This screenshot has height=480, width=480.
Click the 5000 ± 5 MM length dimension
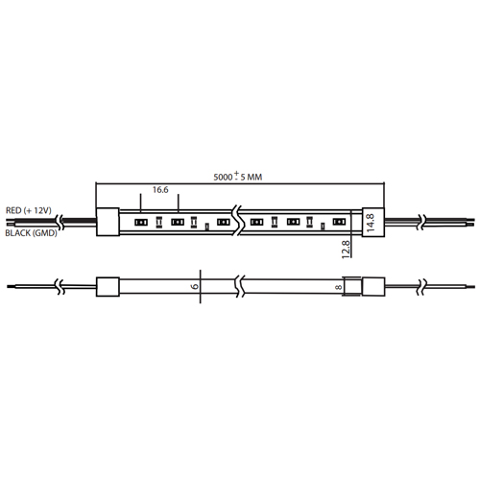pos(238,177)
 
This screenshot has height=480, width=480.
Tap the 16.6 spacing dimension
pos(160,190)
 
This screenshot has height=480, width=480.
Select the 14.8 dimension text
pos(371,223)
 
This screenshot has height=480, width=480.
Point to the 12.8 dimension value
pos(346,250)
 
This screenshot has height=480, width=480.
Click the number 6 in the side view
pos(195,286)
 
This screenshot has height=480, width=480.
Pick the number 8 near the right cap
pos(338,287)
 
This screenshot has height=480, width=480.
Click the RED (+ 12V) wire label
pos(29,210)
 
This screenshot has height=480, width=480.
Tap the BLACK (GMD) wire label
pos(31,233)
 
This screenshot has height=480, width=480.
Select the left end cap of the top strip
pos(108,222)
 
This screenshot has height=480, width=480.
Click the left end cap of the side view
pos(108,287)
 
